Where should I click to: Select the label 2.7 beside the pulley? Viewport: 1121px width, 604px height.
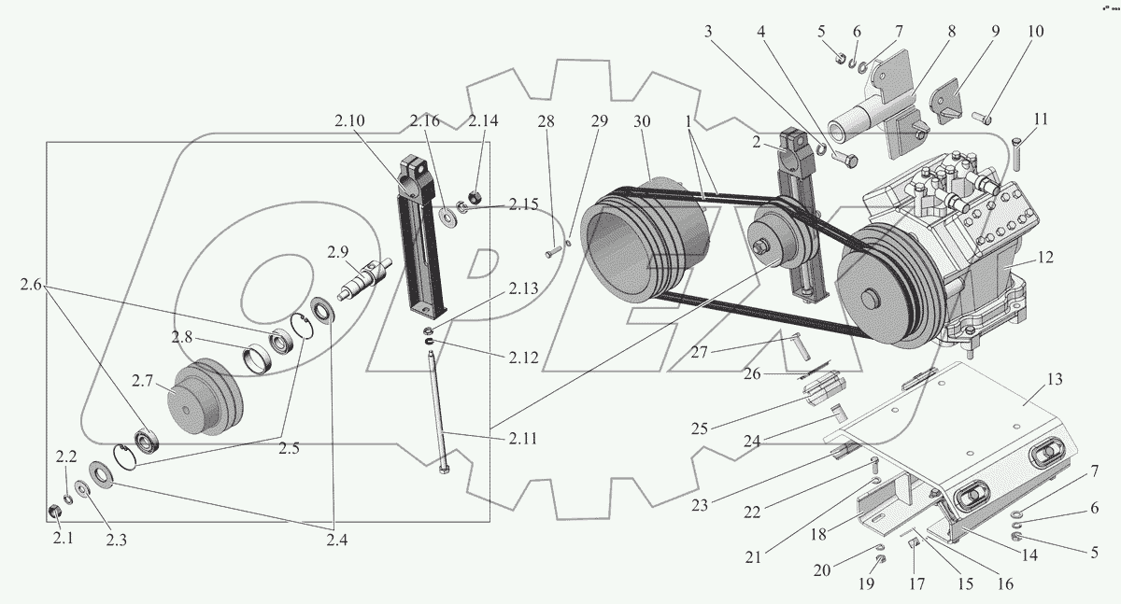[142, 381]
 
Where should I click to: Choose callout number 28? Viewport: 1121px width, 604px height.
[546, 121]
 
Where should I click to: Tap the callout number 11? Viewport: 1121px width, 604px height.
[1041, 119]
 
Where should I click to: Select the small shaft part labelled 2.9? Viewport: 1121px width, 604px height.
[363, 280]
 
